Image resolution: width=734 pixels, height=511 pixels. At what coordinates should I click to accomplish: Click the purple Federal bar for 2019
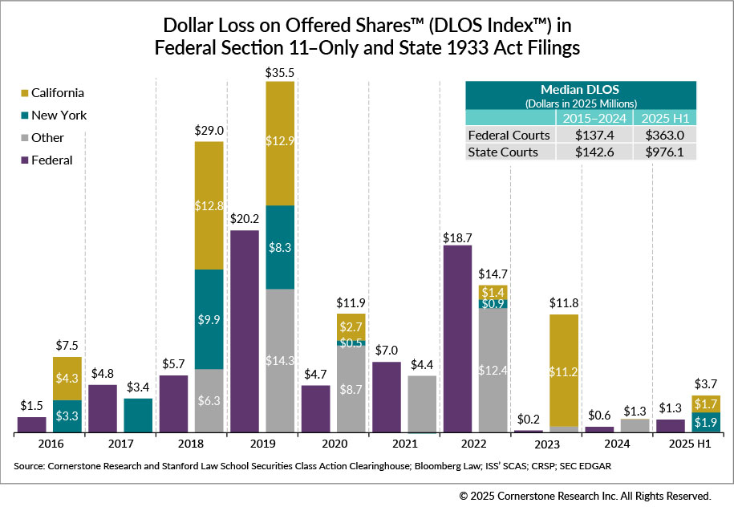tap(244, 331)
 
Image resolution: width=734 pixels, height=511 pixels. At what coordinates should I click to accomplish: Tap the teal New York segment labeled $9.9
tap(209, 318)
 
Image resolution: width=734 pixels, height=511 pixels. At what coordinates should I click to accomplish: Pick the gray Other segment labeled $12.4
tap(493, 371)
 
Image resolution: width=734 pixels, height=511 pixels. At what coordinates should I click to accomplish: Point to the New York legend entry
tap(59, 116)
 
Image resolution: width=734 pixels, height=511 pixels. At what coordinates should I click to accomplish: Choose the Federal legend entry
tap(52, 160)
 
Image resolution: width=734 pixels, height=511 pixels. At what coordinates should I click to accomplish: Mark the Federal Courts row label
tap(509, 135)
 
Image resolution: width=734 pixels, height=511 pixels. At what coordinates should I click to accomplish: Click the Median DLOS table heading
tap(581, 90)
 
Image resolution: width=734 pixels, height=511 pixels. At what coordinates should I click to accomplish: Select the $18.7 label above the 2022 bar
tap(457, 237)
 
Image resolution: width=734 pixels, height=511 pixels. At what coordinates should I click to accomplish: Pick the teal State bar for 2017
tap(138, 416)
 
